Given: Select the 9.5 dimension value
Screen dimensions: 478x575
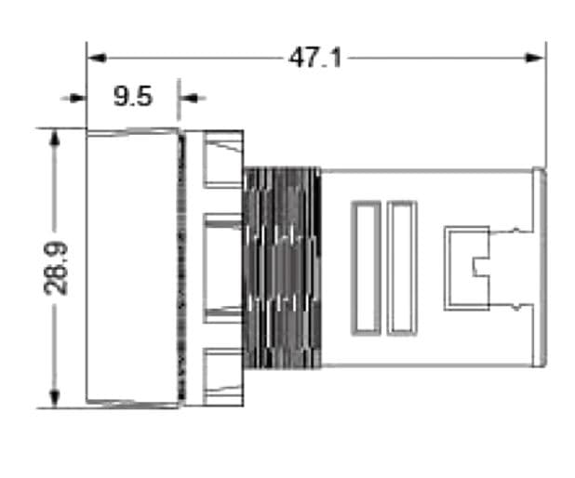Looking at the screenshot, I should [x=133, y=97].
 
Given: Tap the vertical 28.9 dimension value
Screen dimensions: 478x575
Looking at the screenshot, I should [x=58, y=268].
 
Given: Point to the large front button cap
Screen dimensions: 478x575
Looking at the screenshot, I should [x=132, y=267].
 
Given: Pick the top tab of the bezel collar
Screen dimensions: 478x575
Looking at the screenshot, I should [x=223, y=159].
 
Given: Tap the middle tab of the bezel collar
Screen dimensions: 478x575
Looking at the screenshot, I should [x=223, y=267].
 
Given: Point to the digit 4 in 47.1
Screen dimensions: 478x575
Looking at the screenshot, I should [x=297, y=58].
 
